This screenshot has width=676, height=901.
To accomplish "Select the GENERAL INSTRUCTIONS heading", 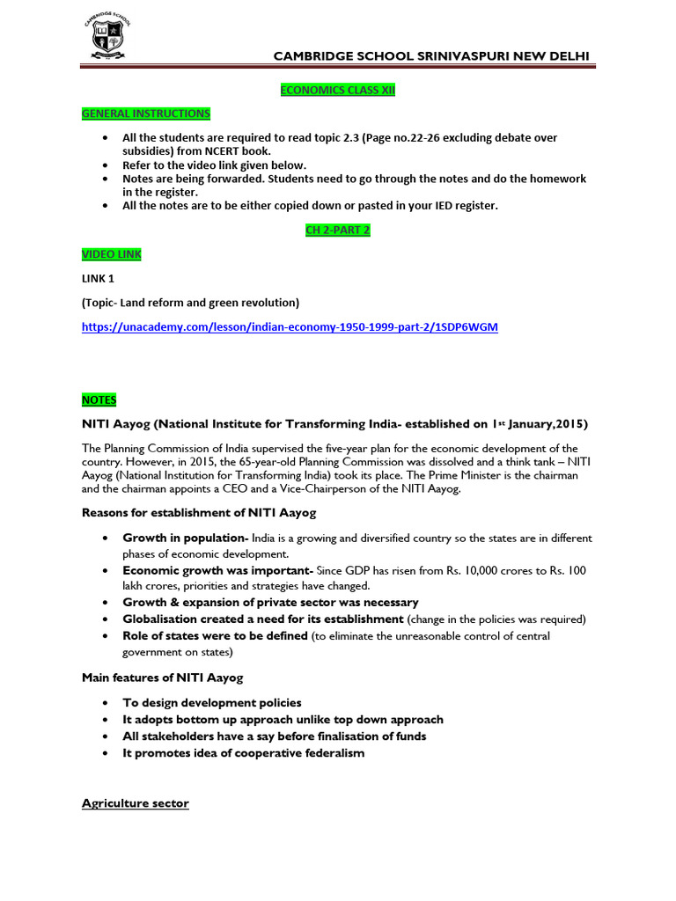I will coord(146,114).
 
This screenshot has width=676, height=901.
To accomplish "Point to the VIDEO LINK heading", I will coord(112,254).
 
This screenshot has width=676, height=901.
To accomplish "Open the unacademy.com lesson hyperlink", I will coord(290,327).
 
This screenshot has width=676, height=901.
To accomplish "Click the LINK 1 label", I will coord(98,279).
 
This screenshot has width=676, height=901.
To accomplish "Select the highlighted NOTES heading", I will coord(99,399).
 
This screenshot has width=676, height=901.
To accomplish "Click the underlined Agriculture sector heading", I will coord(136,803).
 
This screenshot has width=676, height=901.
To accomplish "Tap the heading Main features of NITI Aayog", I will coord(163,677).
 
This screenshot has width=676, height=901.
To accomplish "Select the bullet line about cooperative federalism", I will coord(243,753).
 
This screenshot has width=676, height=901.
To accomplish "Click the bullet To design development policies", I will coord(211,702).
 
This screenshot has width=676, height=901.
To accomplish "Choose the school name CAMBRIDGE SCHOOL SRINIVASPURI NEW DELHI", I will coord(431,57).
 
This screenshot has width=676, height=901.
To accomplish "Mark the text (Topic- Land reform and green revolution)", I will coord(191,303).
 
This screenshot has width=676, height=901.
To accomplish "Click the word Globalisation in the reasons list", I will coord(162,619).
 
